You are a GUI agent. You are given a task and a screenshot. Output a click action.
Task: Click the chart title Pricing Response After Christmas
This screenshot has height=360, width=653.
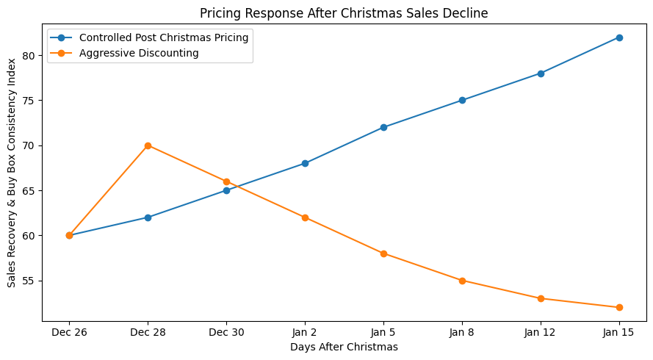pos(344,12)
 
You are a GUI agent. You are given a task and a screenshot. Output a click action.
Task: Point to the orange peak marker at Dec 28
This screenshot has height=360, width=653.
pos(148,145)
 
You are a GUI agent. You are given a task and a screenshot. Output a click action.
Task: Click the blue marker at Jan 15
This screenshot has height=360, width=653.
pos(619,37)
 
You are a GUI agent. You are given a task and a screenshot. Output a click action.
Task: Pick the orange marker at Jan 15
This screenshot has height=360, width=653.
pos(619,307)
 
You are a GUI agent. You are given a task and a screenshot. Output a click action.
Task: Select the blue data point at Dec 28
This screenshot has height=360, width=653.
pos(148,217)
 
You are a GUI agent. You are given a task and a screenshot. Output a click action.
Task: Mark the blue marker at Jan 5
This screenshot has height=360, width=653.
pos(383,127)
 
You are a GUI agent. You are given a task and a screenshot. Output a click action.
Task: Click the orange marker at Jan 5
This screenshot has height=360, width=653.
pos(383,253)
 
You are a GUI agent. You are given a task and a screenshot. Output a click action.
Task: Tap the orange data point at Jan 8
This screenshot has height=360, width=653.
pos(462,281)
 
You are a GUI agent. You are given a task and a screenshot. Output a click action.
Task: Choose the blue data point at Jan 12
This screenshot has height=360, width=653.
pos(541,73)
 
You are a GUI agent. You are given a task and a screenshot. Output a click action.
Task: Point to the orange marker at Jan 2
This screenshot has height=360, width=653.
pos(305,217)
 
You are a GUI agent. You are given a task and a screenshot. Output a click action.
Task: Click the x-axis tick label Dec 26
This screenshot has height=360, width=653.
pos(69,333)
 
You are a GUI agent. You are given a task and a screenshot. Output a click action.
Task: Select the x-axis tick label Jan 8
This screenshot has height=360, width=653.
pos(462,333)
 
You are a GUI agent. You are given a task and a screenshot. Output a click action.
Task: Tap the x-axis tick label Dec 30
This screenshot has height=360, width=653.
pos(226,333)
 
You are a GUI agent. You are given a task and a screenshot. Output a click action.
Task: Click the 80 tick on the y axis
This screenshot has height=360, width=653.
pos(29,55)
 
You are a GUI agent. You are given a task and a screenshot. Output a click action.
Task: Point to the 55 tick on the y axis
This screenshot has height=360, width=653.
pos(29,281)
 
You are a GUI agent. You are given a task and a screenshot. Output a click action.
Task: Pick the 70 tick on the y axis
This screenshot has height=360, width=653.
pos(29,145)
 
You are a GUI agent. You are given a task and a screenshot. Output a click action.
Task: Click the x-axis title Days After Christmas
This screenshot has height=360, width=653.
pos(344,347)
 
